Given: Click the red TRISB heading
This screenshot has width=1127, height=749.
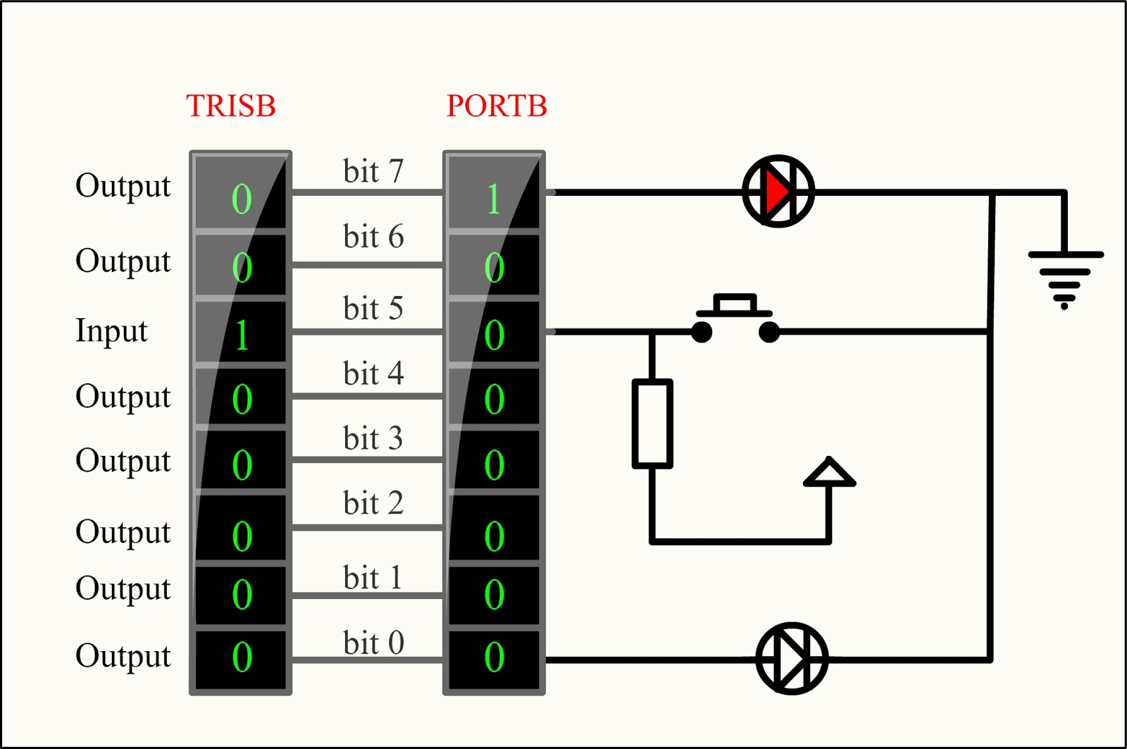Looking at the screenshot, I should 231,106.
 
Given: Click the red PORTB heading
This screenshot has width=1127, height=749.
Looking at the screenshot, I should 497,106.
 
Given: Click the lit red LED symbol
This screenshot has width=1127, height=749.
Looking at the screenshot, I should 778,191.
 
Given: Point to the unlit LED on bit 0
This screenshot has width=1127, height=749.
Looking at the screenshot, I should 792,658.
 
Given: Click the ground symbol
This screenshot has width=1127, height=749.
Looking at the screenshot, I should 1064,278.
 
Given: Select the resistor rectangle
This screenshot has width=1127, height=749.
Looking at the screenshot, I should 652,423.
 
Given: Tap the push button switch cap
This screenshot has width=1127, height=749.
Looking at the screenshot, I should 735,305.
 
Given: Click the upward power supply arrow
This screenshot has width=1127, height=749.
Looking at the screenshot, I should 829,473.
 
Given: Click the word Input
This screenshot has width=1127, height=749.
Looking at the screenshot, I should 111,330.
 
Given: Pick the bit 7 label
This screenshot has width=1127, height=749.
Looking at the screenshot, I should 373,171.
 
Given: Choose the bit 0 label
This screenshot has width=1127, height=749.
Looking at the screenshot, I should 373,643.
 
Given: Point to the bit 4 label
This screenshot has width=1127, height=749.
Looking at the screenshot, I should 373,373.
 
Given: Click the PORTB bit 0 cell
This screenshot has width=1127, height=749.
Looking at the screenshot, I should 494,657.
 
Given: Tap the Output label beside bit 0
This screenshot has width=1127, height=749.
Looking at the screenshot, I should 123,656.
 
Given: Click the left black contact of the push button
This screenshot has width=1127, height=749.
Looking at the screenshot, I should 702,332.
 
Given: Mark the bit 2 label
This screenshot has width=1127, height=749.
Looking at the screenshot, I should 373,503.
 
